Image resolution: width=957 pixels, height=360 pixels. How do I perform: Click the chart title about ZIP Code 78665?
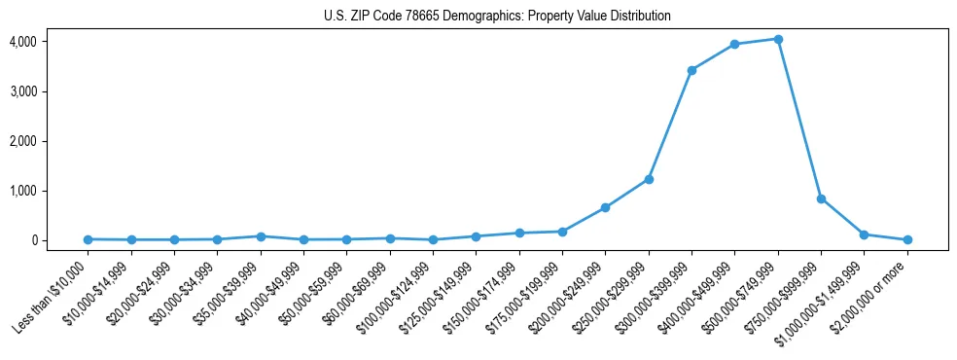pyautogui.click(x=497, y=17)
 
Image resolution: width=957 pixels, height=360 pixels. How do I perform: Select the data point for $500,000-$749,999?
pyautogui.click(x=778, y=39)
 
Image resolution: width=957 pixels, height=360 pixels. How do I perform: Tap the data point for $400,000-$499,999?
pyautogui.click(x=734, y=45)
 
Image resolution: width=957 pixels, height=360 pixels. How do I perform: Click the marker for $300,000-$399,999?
pyautogui.click(x=691, y=70)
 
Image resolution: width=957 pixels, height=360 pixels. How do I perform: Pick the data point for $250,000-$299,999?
pyautogui.click(x=649, y=179)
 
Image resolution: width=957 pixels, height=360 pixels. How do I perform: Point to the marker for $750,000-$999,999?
pyautogui.click(x=821, y=198)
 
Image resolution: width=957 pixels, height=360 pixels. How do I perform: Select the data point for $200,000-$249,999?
pyautogui.click(x=605, y=207)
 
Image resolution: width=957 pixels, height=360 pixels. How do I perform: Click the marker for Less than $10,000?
pyautogui.click(x=89, y=239)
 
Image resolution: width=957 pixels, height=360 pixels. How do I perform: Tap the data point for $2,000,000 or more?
pyautogui.click(x=907, y=239)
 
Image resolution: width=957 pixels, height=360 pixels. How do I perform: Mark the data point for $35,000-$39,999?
pyautogui.click(x=261, y=236)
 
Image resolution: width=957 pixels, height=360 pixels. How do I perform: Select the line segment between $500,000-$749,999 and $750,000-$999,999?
pyautogui.click(x=799, y=119)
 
